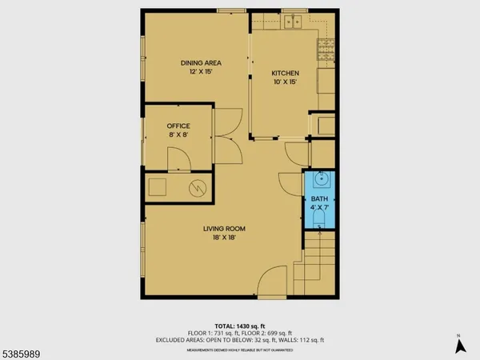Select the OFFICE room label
177,126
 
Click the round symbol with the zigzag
197,189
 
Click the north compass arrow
460,346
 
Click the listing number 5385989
22,351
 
